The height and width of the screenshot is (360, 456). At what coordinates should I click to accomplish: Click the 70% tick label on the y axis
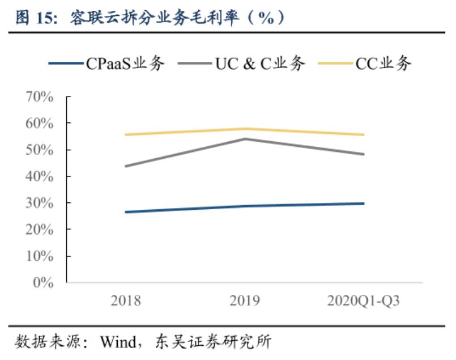[39, 97]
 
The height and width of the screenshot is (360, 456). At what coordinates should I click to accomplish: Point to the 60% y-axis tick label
[39, 124]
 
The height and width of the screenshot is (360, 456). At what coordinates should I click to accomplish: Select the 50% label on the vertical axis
[39, 150]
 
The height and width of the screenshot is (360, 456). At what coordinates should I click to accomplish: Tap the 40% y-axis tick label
[39, 177]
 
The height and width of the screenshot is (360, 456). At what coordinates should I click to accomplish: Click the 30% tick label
[39, 203]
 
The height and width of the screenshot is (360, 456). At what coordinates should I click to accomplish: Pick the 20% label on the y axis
[39, 230]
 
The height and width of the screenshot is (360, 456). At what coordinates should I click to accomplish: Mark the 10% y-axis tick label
[39, 256]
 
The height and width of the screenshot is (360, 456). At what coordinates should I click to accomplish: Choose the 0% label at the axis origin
[42, 282]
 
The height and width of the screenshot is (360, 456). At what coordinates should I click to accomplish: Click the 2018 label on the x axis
[126, 300]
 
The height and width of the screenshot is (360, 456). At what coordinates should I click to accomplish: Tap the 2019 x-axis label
[245, 300]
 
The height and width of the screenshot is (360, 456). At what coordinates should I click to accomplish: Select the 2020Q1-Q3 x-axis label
[363, 300]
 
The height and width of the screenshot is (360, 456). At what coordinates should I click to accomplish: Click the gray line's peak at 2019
[245, 138]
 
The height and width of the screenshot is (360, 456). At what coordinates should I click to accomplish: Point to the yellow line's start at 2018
[126, 134]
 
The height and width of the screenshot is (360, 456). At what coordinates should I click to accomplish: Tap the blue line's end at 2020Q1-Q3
[363, 203]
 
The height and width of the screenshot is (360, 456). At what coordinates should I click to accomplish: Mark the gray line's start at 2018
[126, 166]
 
